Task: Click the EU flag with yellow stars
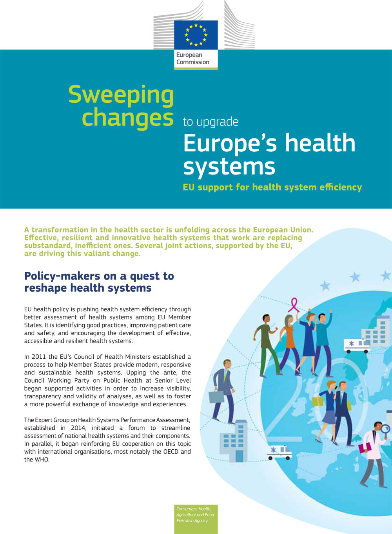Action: coord(196,35)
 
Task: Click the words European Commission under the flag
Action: coord(192,58)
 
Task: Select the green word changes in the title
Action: coord(127,118)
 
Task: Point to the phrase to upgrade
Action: coord(211,122)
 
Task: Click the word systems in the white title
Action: coord(229,166)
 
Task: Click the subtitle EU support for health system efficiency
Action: coord(272,187)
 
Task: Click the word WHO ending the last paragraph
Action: coord(42,460)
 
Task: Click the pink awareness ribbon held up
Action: coord(294,304)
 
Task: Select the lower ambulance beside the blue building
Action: coord(279,452)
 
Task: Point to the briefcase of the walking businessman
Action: coord(216,397)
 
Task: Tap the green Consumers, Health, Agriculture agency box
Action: coord(196,518)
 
